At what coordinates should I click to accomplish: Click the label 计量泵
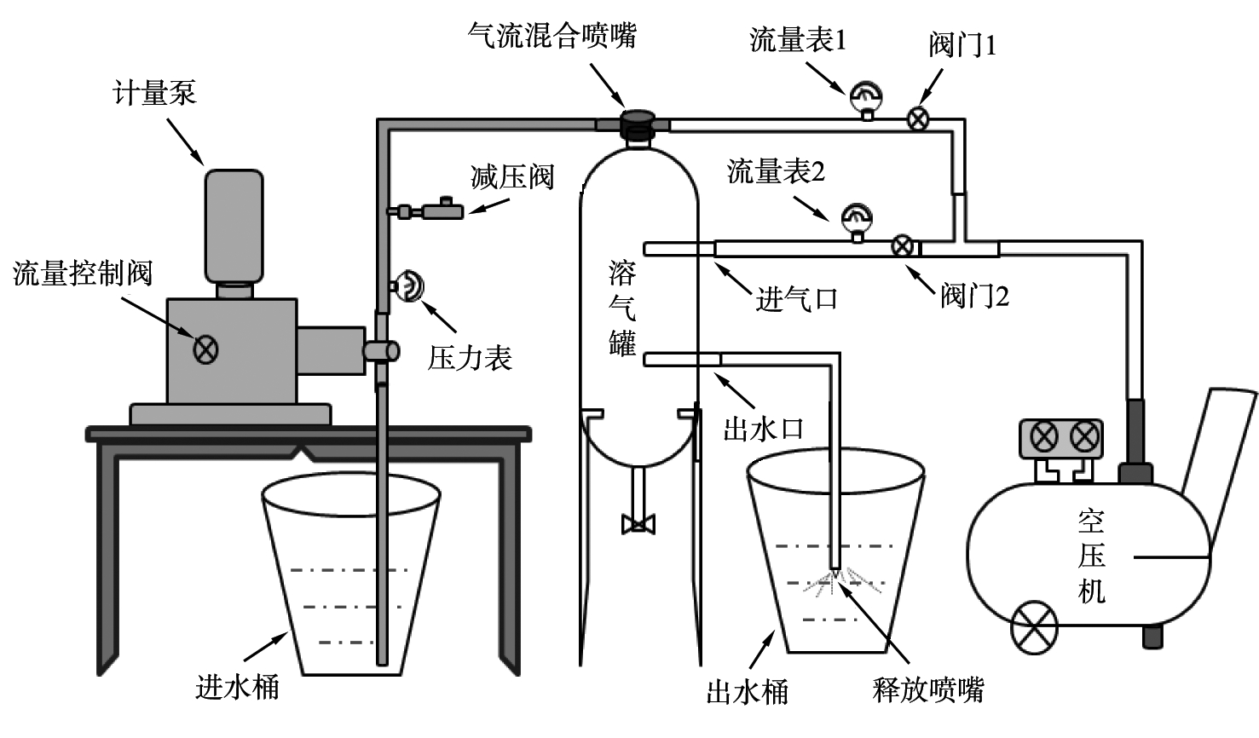(154, 93)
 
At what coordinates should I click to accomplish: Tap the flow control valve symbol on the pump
(205, 349)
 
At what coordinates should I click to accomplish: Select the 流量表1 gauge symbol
(867, 97)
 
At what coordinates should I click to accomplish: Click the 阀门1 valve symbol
(918, 118)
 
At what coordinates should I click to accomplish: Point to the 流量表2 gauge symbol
(856, 220)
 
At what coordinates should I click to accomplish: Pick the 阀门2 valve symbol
(902, 247)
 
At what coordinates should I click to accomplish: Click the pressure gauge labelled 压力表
(409, 286)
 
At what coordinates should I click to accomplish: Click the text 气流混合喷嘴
(552, 35)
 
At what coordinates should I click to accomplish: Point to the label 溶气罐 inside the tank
(622, 308)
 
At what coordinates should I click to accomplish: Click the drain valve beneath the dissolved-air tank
(637, 522)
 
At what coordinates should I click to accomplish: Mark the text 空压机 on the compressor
(1092, 556)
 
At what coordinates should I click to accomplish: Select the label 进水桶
(237, 686)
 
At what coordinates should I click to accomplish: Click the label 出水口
(763, 429)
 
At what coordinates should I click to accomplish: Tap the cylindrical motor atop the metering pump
(234, 226)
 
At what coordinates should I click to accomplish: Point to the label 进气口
(796, 299)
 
